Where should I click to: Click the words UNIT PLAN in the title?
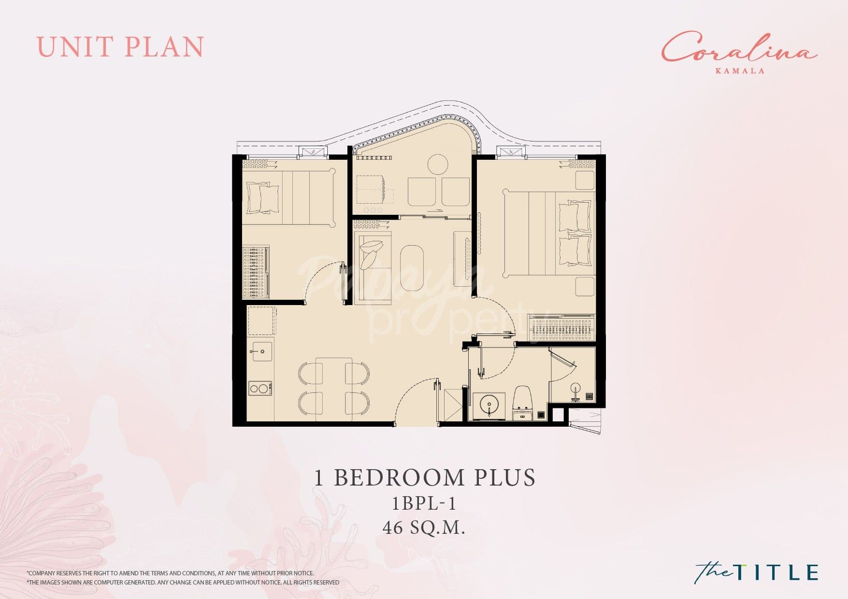pos(120,47)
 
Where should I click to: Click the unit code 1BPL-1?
pos(424,504)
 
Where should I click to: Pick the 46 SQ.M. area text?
pos(424,528)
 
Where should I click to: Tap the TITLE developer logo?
pos(757,572)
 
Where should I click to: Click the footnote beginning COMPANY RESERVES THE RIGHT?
pos(171,573)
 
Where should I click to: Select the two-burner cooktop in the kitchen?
pos(259,388)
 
